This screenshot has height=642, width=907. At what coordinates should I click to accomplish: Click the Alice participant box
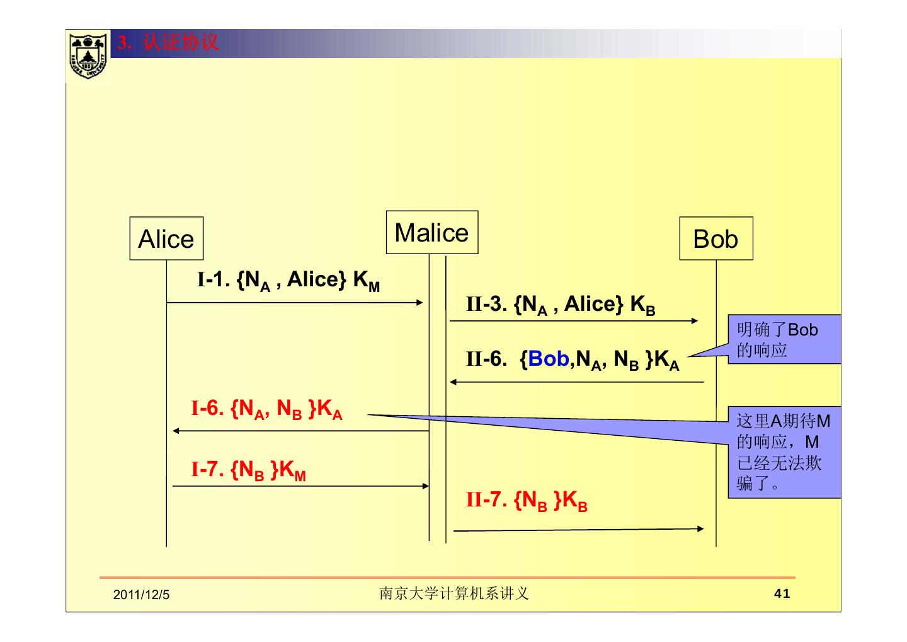tap(166, 238)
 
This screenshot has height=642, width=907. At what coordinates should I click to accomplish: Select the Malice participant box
tap(431, 232)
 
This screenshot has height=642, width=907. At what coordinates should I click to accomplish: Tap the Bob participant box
tap(716, 238)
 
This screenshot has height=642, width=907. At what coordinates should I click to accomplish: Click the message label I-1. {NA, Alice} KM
tap(288, 281)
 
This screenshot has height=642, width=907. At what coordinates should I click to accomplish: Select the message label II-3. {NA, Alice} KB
tap(560, 305)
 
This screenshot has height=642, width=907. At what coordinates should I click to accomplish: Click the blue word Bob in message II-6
tap(549, 359)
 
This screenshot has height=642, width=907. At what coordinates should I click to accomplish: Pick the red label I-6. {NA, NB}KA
tap(266, 409)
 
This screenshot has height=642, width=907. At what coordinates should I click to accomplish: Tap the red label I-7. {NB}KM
tap(248, 470)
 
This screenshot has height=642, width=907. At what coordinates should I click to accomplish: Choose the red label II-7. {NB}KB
tap(526, 501)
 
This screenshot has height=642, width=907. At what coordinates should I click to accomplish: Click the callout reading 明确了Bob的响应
tap(784, 339)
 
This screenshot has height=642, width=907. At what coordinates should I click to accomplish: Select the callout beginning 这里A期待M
tap(784, 452)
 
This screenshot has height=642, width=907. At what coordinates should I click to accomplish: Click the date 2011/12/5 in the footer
tap(141, 595)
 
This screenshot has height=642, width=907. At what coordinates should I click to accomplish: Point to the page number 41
tap(782, 593)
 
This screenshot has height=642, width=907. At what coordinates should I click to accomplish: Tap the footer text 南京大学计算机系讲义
tap(453, 593)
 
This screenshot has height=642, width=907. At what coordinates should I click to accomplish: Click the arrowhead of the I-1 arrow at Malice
tap(420, 303)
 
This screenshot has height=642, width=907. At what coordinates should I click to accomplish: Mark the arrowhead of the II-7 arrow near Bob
tap(700, 528)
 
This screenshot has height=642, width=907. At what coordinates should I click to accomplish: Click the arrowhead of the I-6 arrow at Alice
tap(176, 431)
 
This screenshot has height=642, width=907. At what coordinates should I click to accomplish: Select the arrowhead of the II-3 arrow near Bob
tap(695, 321)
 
